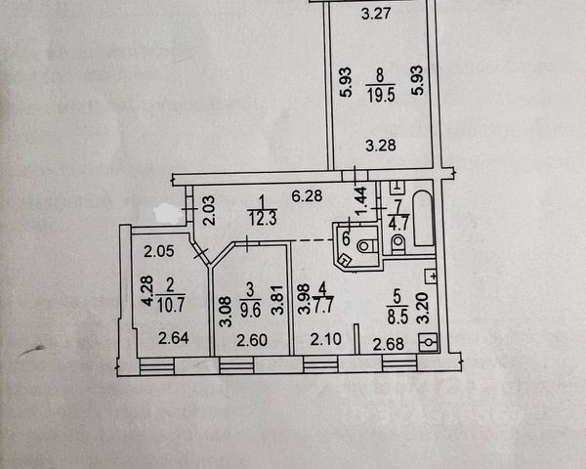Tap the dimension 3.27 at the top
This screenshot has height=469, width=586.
(376, 14)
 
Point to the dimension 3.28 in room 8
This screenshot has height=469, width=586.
(380, 147)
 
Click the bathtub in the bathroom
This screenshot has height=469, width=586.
(425, 221)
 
